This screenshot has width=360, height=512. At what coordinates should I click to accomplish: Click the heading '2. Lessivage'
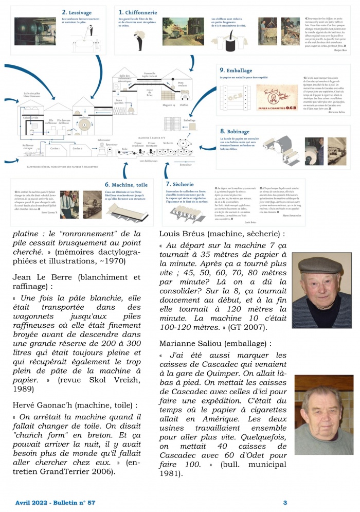coord(78,11)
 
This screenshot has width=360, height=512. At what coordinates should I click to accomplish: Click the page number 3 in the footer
coord(285,502)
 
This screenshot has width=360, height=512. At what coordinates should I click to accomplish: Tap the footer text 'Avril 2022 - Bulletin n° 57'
coord(56,502)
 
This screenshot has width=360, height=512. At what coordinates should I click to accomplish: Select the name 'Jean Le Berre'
coord(41,277)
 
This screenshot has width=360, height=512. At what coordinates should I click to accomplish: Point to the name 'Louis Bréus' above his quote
coord(184,234)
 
